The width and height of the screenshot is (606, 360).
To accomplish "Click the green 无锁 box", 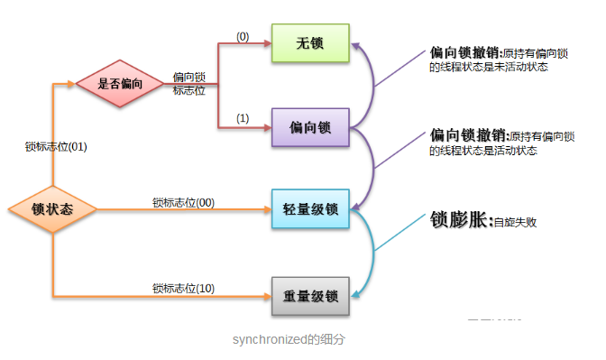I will click(309, 43).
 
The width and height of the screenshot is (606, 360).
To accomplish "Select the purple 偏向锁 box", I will click(309, 127).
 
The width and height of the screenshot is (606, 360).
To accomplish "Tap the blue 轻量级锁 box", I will click(309, 209).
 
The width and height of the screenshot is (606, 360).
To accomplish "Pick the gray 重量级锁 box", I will click(309, 296).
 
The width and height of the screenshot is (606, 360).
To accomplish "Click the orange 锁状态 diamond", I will click(52, 209).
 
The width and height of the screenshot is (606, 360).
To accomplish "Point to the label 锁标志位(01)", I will click(55, 145).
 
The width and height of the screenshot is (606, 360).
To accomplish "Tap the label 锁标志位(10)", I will click(183, 288).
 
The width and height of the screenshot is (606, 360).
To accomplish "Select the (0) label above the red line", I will click(243, 36).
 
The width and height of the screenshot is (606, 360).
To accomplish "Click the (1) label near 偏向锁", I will click(243, 118).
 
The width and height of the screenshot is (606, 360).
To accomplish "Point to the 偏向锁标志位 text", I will click(189, 84).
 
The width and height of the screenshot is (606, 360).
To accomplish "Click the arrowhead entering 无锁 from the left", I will click(267, 43).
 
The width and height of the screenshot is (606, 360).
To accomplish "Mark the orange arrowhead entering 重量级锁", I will click(267, 296).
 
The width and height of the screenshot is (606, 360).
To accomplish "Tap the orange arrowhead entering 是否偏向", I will click(70, 85).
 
